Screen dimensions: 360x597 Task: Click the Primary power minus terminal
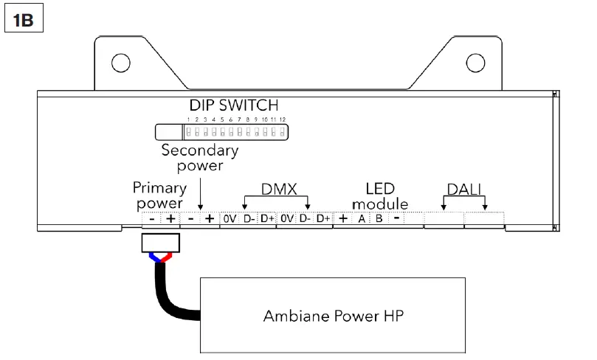pyautogui.click(x=151, y=219)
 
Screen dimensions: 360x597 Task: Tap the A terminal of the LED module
pyautogui.click(x=362, y=219)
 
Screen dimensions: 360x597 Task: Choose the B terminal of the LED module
pyautogui.click(x=378, y=219)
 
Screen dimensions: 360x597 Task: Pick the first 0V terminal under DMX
pyautogui.click(x=230, y=219)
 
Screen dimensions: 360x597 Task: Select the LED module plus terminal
pyautogui.click(x=343, y=219)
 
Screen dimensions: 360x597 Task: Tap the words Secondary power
pyautogui.click(x=200, y=158)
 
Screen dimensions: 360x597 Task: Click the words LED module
pyautogui.click(x=380, y=195)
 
